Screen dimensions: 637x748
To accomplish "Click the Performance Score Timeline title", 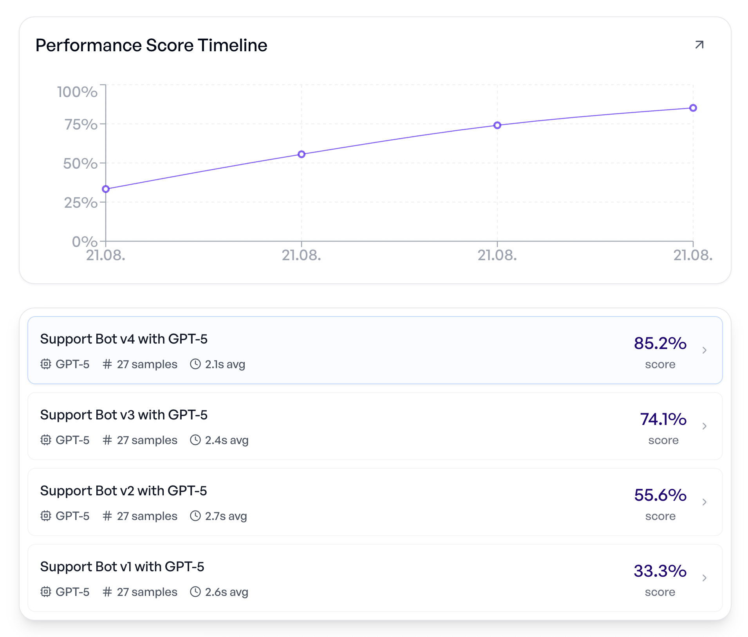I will (x=151, y=45).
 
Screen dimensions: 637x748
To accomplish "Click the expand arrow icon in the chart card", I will (x=699, y=45).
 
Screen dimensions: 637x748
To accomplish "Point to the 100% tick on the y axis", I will (x=77, y=92).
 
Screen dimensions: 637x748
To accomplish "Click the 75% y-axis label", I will (x=81, y=124).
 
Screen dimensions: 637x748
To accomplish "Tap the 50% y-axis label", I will (x=80, y=164).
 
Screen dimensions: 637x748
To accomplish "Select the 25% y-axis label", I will (x=81, y=203).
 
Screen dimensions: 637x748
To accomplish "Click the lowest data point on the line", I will (x=106, y=189).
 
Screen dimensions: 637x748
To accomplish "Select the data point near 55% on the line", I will (x=302, y=154).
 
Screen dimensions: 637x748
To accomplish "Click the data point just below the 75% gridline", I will (x=497, y=125).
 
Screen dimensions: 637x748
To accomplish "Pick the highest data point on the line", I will (x=693, y=108).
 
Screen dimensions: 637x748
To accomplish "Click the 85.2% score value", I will (x=660, y=343).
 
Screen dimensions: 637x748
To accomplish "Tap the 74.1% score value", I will (x=663, y=419).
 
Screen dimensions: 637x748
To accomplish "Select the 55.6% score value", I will (x=660, y=495).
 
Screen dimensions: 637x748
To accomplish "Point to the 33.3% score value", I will (x=660, y=571).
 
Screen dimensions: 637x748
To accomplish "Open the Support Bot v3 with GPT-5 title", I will (x=124, y=415).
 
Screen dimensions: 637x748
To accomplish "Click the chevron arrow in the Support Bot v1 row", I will (x=704, y=578).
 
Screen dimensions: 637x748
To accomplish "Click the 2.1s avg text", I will (x=225, y=364).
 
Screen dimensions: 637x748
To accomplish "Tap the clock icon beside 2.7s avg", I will (x=195, y=516).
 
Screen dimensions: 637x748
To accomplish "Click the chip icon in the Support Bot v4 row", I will (x=46, y=364).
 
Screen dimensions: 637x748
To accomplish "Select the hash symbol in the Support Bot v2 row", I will (x=107, y=516).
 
